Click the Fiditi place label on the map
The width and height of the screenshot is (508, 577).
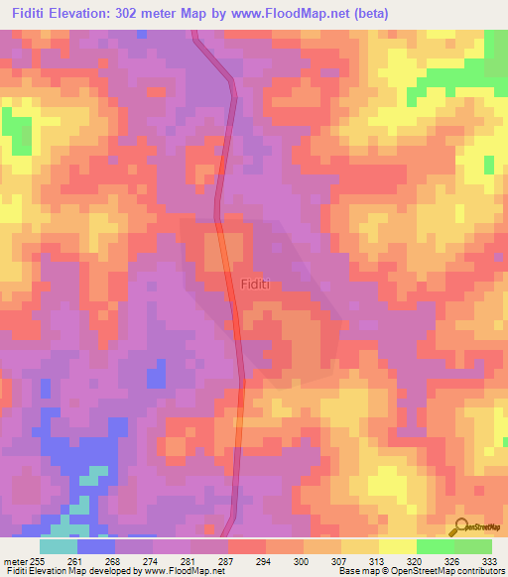pyautogui.click(x=256, y=284)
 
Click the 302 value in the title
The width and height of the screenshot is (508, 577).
pyautogui.click(x=151, y=13)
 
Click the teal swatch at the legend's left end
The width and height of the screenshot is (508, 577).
pyautogui.click(x=59, y=546)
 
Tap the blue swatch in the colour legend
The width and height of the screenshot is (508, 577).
pyautogui.click(x=96, y=546)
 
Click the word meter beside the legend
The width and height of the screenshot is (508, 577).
pyautogui.click(x=15, y=562)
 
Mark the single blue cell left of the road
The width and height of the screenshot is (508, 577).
pyautogui.click(x=156, y=376)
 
